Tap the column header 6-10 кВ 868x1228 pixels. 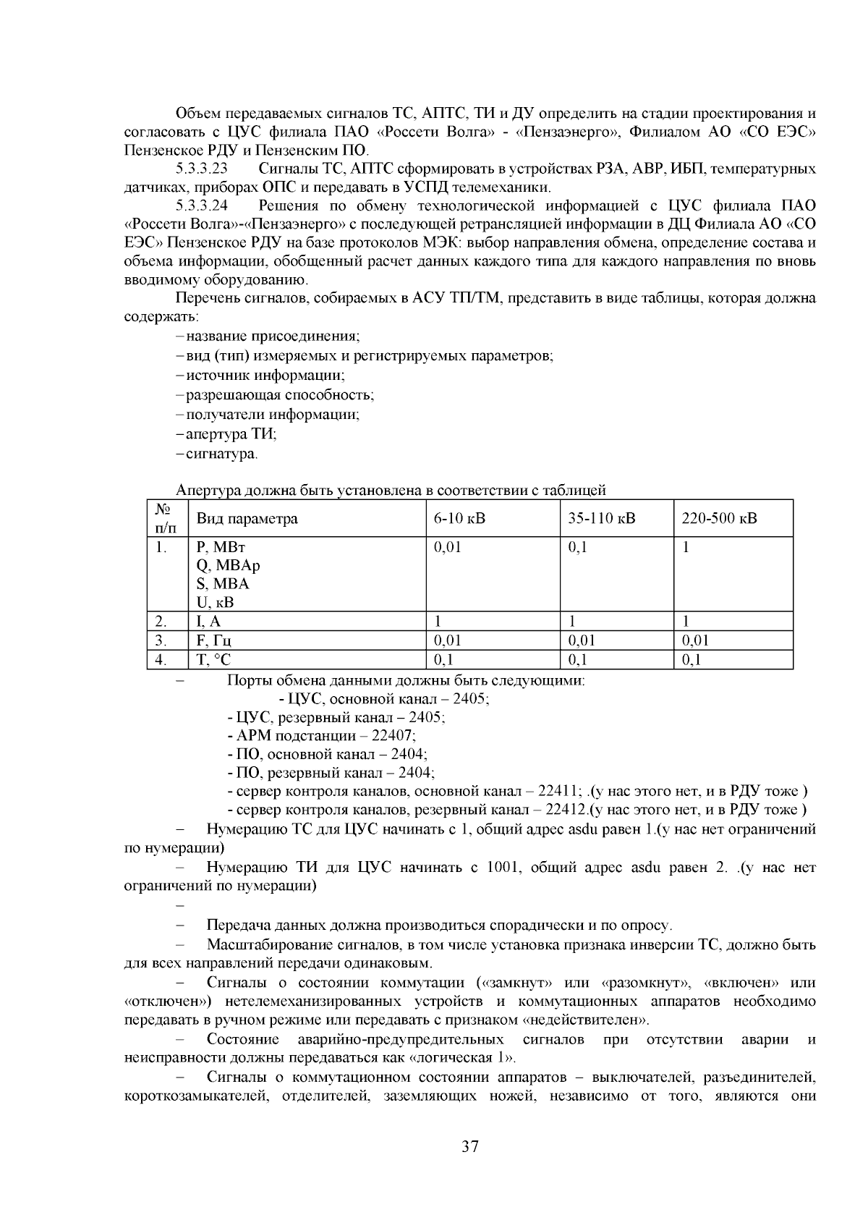460,519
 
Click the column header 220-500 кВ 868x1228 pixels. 720,519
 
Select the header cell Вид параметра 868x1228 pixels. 247,519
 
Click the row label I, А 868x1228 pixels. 208,621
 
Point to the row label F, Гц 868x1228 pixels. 214,640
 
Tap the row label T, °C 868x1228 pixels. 214,659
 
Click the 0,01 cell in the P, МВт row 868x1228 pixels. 447,547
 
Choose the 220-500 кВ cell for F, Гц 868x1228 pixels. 696,640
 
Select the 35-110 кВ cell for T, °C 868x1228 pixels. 578,659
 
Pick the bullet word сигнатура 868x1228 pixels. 221,454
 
